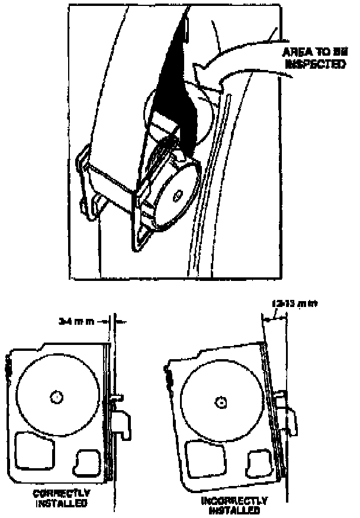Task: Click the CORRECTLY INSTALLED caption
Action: click(61, 498)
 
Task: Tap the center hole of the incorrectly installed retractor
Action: click(221, 402)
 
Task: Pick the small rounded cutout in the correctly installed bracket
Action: click(88, 461)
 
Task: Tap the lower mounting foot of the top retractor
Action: click(142, 237)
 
